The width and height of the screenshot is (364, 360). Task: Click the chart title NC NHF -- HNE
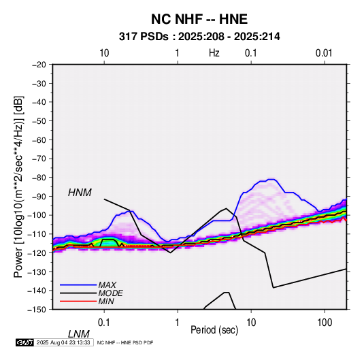point(199,19)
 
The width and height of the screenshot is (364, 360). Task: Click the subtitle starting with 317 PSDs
point(199,37)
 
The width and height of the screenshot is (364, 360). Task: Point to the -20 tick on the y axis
point(39,65)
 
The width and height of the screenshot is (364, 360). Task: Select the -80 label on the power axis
point(39,178)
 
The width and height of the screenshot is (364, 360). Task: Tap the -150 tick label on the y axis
point(37,310)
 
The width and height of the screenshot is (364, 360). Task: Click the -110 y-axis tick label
point(37,234)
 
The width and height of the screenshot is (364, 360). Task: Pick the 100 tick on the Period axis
point(325,323)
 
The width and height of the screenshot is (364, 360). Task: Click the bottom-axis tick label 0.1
point(104,323)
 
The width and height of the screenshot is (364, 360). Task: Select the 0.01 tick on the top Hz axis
point(324,53)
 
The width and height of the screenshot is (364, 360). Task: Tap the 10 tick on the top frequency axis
point(104,53)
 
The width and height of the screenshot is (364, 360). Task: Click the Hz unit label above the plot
point(214,53)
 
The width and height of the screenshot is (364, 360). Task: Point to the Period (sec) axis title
point(214,330)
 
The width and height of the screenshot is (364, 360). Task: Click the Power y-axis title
point(18,187)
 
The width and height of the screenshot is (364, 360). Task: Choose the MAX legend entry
point(107,284)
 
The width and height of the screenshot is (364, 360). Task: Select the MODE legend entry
point(110,293)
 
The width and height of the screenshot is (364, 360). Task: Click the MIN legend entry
point(106,301)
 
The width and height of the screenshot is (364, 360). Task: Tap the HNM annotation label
point(80,193)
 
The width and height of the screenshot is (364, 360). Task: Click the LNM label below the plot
point(78,334)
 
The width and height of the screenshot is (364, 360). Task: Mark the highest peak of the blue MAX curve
point(271,179)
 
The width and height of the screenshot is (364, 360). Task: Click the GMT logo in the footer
point(24,342)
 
